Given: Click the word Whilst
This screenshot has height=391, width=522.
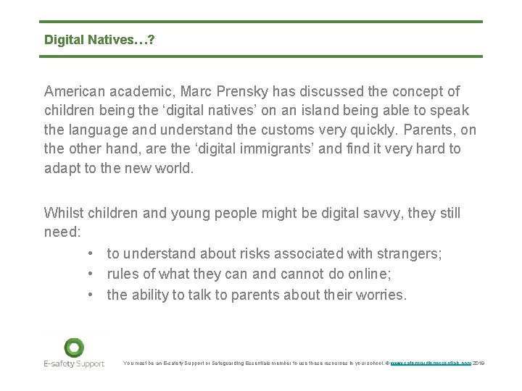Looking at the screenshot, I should click(x=64, y=213).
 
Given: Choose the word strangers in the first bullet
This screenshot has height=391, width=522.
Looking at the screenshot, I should click(x=411, y=253).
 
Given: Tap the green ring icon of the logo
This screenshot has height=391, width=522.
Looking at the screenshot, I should click(x=73, y=347).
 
